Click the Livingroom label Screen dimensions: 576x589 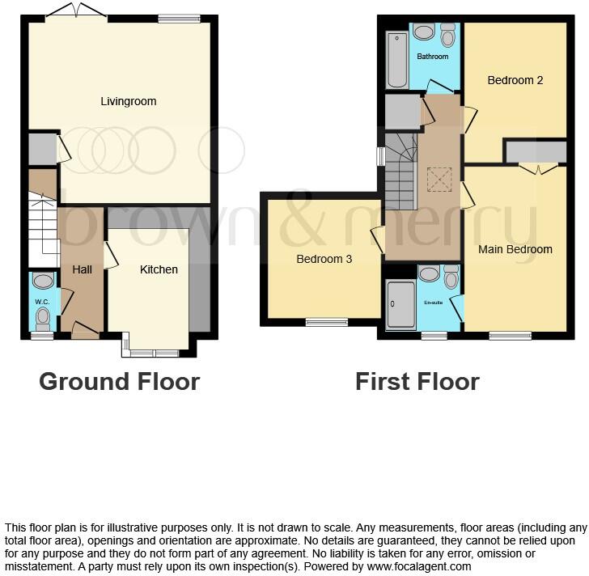pos(128,101)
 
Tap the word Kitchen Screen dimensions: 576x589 pos(159,269)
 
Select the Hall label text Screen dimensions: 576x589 pos(82,269)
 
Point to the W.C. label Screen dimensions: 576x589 pos(42,302)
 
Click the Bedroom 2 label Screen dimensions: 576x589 pos(515,80)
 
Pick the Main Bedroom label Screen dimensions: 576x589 pos(515,249)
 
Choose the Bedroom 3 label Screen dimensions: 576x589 pos(324,259)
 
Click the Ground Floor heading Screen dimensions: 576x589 pos(119,381)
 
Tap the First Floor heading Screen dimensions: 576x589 pos(417,381)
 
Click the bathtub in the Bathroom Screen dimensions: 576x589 pos(396,59)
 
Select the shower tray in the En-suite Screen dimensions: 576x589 pos(400,304)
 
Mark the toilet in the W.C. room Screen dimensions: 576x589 pos(43,316)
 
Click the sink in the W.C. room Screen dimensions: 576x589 pos(43,281)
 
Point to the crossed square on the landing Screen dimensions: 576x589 pos(439,179)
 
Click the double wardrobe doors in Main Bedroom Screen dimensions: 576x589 pos(538,168)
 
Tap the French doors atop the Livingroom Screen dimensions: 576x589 pos(75,11)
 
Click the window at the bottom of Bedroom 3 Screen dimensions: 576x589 pos(327,323)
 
